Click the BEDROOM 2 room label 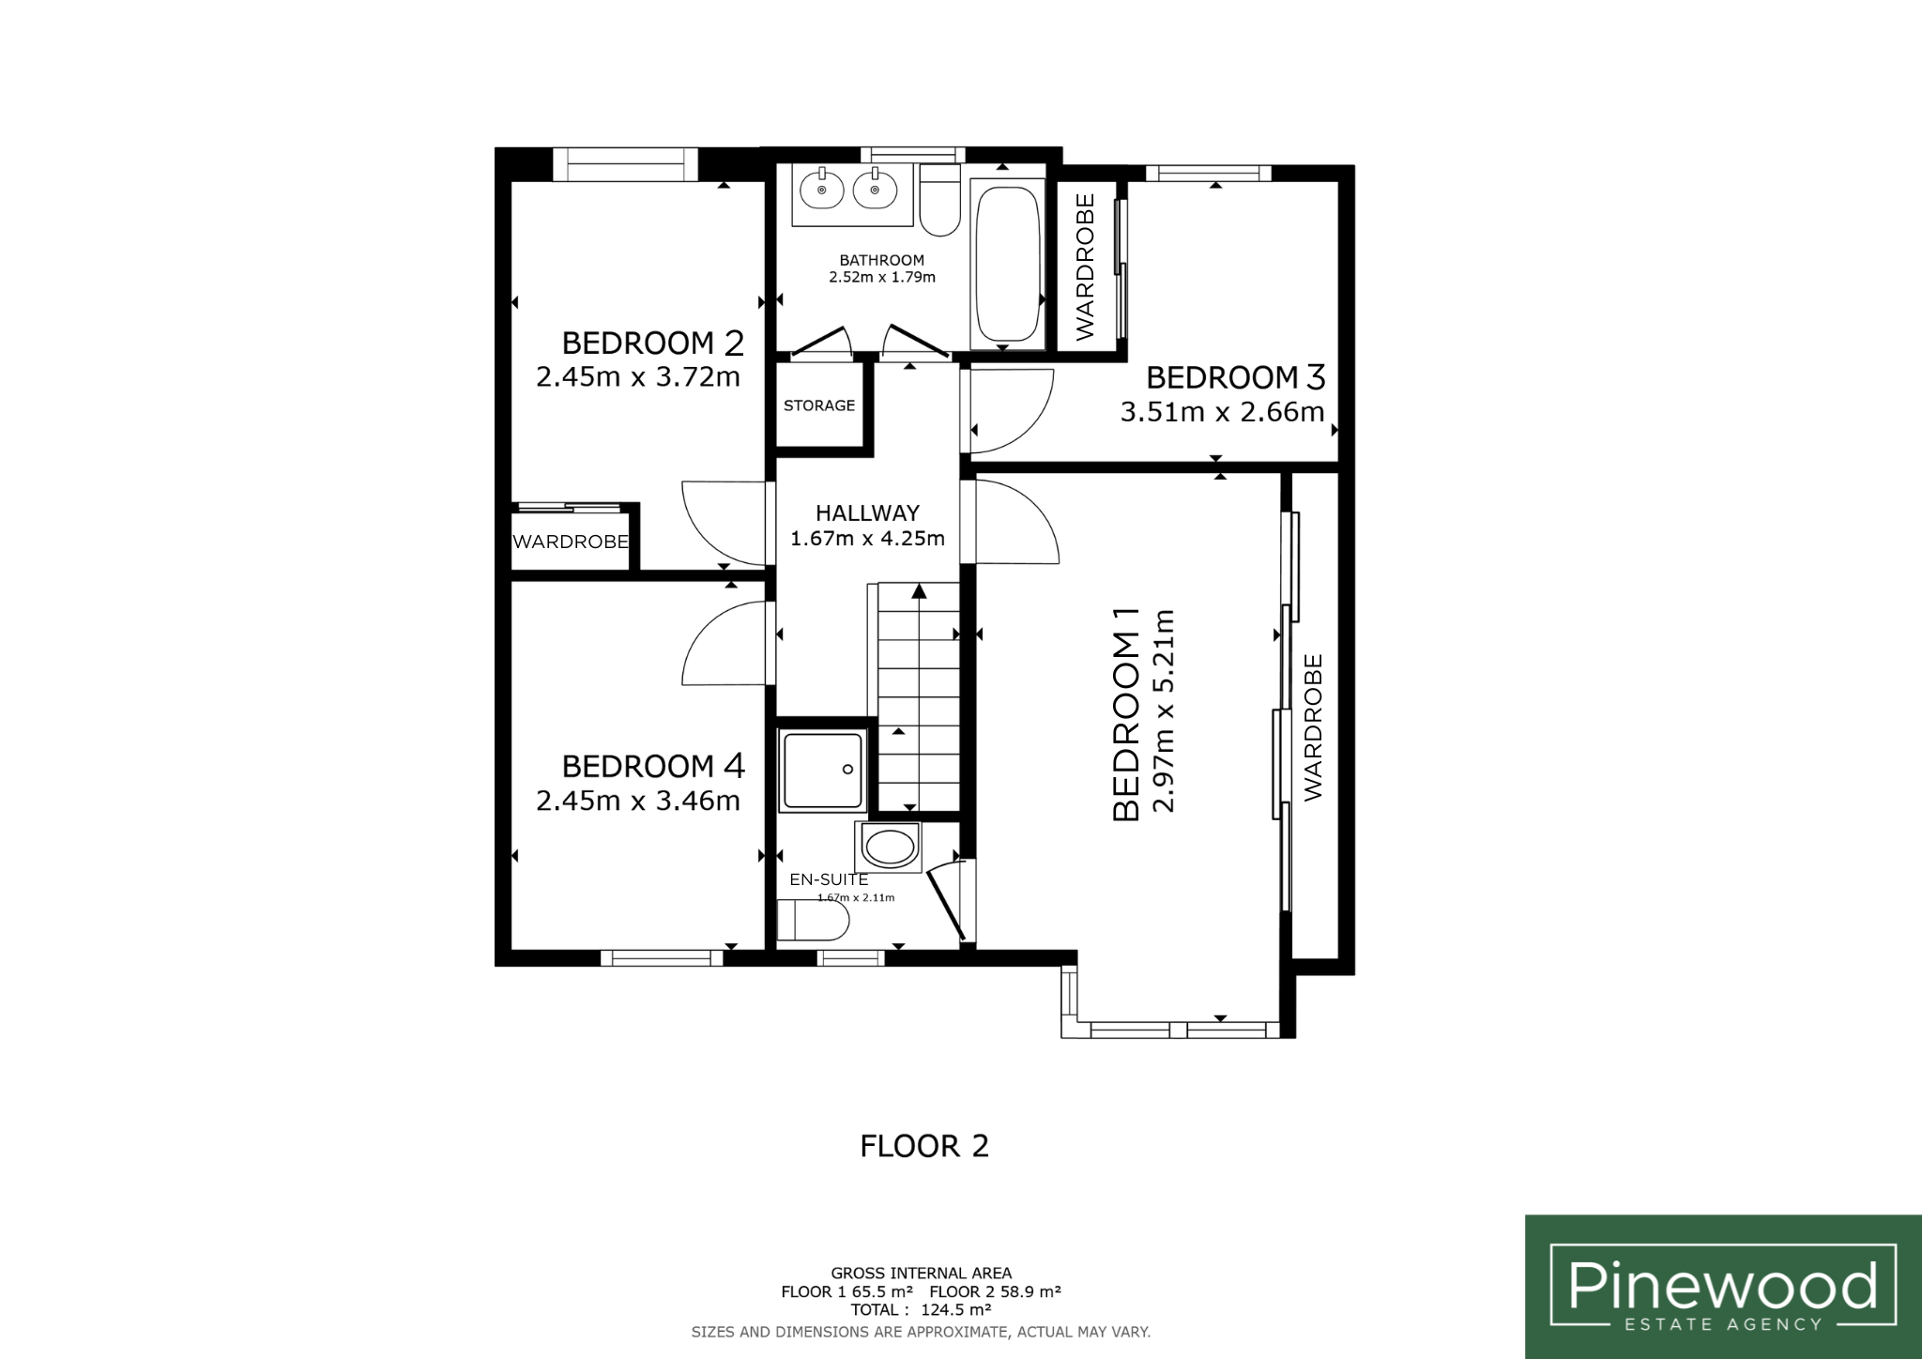point(653,343)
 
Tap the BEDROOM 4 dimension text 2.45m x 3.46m point(638,801)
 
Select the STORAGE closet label point(819,405)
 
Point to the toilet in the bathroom point(939,201)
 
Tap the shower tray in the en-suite point(822,771)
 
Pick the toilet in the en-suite point(814,921)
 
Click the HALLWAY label point(867,512)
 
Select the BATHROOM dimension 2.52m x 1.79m point(882,277)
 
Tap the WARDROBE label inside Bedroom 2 point(571,542)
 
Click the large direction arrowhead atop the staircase point(919,591)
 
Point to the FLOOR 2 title point(924,1146)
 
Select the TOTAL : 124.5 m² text point(922,1309)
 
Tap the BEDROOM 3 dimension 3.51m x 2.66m point(1222,412)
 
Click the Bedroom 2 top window point(626,163)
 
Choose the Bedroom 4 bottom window point(662,958)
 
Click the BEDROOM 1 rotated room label point(1125,714)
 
